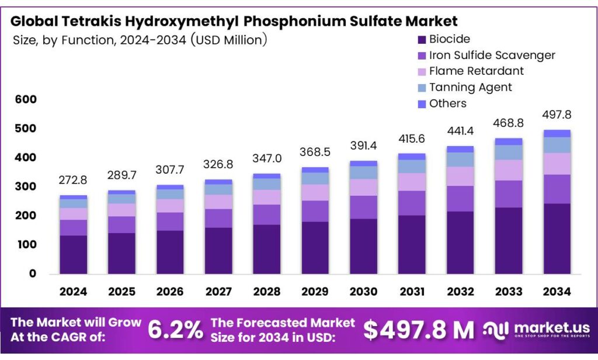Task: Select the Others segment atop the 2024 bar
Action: click(73, 198)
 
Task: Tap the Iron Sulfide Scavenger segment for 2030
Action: click(363, 207)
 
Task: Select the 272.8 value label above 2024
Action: click(73, 181)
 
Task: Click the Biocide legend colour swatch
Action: click(422, 40)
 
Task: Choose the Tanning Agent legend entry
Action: click(470, 87)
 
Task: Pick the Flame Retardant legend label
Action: click(476, 71)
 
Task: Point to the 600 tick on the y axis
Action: click(27, 100)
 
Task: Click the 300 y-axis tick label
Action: click(27, 187)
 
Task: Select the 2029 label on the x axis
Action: click(315, 291)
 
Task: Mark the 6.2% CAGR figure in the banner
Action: click(175, 330)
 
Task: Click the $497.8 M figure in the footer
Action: click(419, 330)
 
